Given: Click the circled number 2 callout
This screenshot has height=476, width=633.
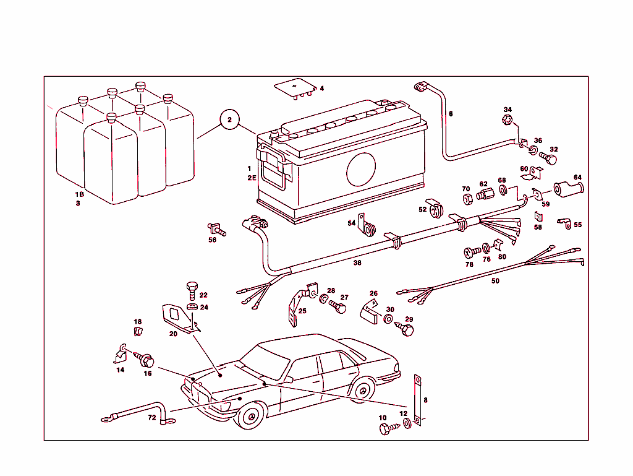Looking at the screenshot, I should click(229, 120).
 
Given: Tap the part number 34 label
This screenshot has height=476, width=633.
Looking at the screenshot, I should click(508, 110).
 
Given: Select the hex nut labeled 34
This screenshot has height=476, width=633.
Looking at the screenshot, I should click(507, 120).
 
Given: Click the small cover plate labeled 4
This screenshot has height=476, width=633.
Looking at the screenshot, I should click(295, 87).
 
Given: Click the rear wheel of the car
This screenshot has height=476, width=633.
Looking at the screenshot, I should click(361, 391).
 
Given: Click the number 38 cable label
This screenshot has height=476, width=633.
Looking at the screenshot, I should click(357, 262).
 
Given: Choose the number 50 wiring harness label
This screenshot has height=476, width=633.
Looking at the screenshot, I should click(495, 280).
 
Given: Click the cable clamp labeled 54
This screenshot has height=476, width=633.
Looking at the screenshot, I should click(369, 228).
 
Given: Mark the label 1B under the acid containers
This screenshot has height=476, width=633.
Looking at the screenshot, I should click(79, 194).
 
